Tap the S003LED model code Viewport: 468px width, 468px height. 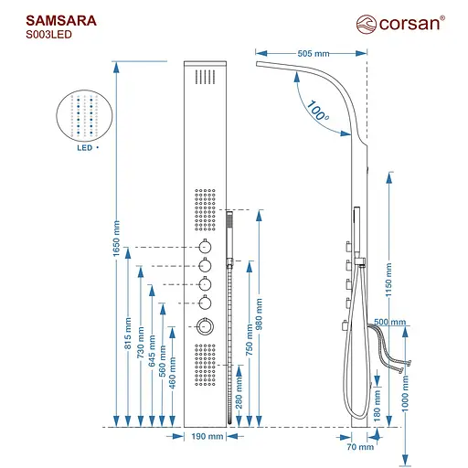point(46,34)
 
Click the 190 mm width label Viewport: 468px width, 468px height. point(208,437)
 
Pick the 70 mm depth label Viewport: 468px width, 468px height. point(356,448)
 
